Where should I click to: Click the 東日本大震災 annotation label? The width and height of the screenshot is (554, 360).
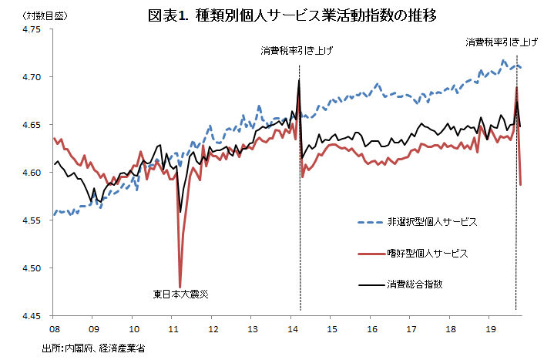tap(180, 294)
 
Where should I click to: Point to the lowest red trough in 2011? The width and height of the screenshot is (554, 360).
tap(180, 285)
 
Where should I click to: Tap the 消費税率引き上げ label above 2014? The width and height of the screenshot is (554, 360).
tap(297, 52)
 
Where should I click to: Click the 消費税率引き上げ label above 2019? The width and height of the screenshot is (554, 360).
tap(502, 42)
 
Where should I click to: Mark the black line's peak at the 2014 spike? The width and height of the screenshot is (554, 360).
tap(299, 80)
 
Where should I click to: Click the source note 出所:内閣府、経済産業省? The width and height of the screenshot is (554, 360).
tap(93, 348)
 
